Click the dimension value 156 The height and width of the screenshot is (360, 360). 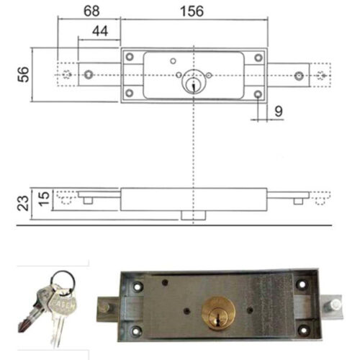point(192,12)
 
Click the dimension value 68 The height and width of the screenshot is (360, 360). point(91,11)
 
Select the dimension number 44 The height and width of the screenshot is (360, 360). point(100,31)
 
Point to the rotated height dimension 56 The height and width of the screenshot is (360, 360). point(23,74)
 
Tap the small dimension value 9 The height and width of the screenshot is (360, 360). point(279,112)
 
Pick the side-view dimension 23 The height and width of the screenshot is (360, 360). point(23,203)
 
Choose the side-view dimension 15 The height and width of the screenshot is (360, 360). point(44,199)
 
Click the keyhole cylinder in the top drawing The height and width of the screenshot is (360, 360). point(194,81)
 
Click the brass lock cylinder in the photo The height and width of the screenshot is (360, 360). point(218,313)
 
